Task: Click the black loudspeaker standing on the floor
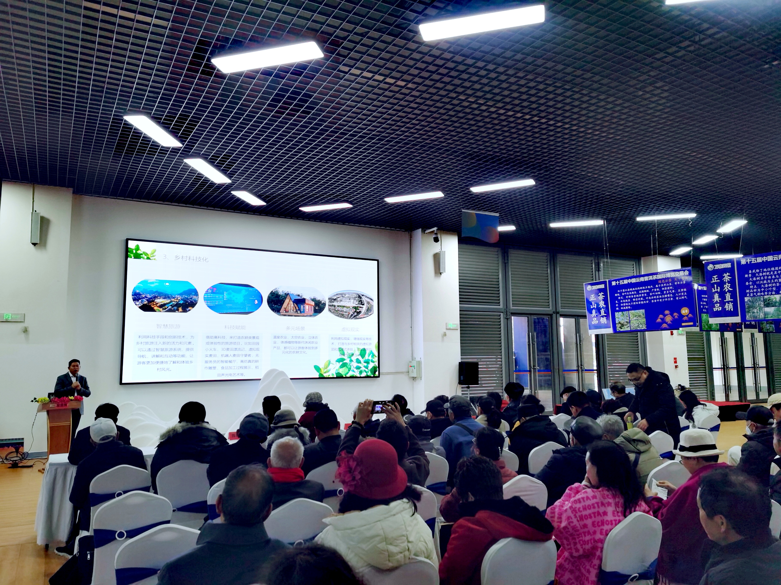(468, 373)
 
